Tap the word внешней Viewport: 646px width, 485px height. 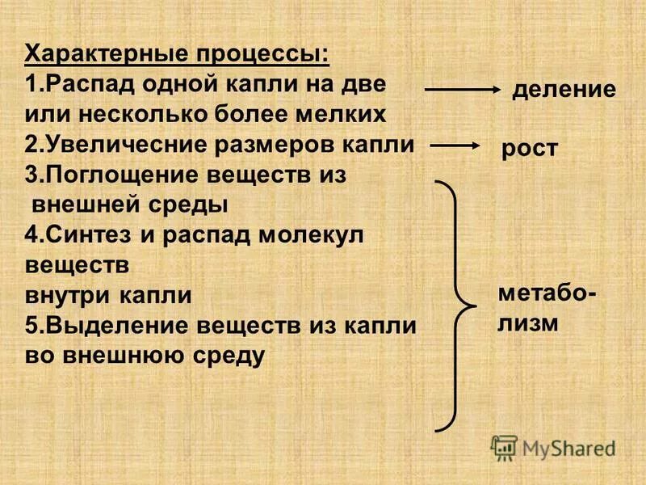pos(80,205)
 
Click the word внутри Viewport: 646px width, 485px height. pos(66,295)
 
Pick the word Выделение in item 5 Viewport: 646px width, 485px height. pos(106,326)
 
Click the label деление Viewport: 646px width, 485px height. pos(564,89)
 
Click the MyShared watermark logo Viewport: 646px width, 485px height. pos(552,447)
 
